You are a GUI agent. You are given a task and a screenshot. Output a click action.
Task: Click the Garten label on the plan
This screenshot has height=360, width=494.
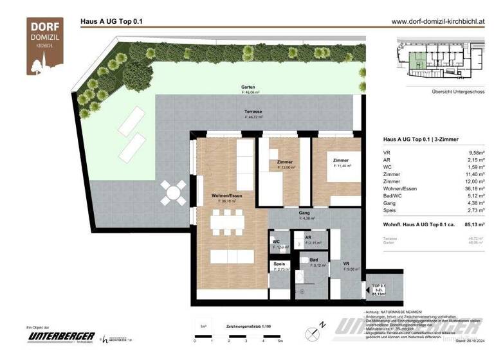click(x=250, y=87)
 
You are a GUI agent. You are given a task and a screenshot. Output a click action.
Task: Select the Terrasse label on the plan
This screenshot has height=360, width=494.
click(x=253, y=112)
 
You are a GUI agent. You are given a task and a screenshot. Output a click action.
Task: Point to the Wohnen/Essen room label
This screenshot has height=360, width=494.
click(x=227, y=196)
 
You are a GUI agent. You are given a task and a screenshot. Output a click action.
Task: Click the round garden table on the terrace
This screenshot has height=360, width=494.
click(x=173, y=192)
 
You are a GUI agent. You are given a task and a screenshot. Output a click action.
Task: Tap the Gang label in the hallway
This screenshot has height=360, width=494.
click(x=305, y=213)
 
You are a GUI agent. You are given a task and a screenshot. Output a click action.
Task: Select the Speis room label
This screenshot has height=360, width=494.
click(x=279, y=263)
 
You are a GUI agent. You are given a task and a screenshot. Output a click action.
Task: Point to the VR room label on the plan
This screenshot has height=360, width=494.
click(x=346, y=264)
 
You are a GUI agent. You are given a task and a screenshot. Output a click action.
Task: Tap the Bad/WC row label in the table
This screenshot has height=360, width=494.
click(x=393, y=196)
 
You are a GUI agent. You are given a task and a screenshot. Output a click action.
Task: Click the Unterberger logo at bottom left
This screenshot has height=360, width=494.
click(x=61, y=337)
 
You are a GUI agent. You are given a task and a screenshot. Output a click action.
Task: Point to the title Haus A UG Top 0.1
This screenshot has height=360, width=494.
click(x=111, y=21)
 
